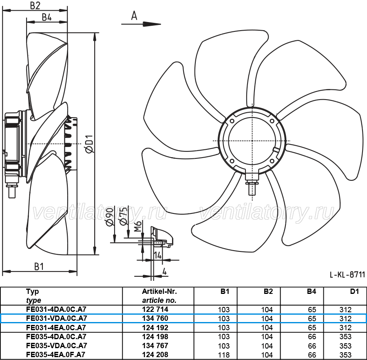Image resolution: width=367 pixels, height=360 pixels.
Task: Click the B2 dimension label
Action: [x=35, y=5]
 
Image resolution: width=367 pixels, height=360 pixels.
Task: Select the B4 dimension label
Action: [x=47, y=17]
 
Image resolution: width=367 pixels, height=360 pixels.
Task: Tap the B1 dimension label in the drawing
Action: [x=39, y=267]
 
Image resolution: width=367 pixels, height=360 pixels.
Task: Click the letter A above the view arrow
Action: [x=134, y=16]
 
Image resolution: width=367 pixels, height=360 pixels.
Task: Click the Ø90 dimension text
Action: [x=110, y=217]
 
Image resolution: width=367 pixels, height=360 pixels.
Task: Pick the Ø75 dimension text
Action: [x=124, y=216]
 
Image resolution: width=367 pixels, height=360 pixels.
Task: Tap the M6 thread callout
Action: [x=138, y=226]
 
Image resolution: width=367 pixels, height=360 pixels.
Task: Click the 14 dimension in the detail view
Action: [x=158, y=255]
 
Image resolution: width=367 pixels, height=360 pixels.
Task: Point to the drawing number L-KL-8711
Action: [x=347, y=275]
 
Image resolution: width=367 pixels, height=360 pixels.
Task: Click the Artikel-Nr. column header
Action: [x=159, y=291]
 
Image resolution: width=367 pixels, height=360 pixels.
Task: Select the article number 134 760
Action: [x=155, y=318]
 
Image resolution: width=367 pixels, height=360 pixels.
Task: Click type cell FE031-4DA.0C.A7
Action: [x=56, y=309]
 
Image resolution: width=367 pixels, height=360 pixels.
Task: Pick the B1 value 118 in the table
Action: [x=224, y=355]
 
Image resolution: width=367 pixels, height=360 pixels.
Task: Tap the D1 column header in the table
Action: [x=354, y=291]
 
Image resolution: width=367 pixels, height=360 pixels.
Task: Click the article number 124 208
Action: [x=155, y=355]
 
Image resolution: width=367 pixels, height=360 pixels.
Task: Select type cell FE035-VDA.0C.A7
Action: [x=57, y=345]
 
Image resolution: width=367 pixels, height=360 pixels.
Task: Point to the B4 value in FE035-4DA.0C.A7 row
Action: [x=312, y=337]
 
